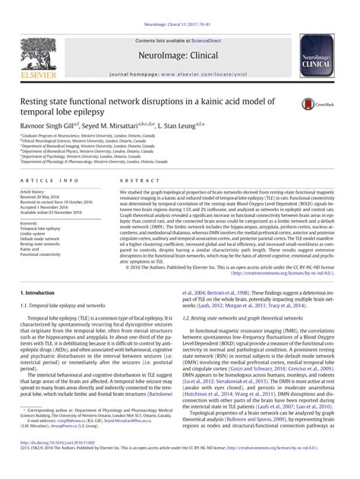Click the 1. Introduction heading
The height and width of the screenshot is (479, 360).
(x=35, y=292)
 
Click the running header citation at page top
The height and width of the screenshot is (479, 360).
(x=179, y=6)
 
